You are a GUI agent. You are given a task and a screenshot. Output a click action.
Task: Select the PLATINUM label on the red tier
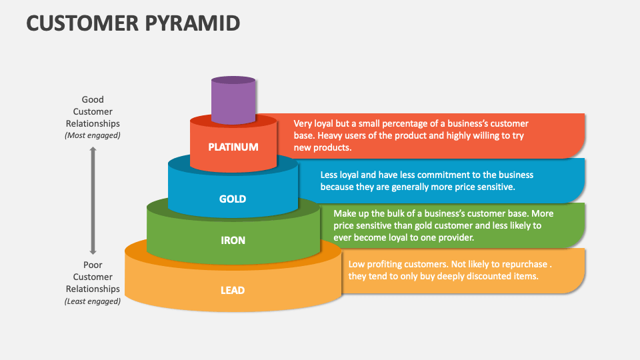click(233, 147)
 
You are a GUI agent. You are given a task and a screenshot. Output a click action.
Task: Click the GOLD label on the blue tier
click(233, 199)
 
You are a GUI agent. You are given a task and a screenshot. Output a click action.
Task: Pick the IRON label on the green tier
click(233, 240)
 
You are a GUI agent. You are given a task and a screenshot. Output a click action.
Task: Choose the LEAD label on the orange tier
click(233, 290)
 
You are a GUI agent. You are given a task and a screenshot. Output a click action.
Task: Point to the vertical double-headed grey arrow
click(93, 201)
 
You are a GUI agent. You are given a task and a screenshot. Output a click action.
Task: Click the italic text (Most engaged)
click(93, 135)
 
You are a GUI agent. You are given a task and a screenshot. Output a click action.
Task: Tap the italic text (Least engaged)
click(93, 301)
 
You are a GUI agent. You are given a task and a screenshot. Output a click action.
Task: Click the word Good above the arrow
click(93, 99)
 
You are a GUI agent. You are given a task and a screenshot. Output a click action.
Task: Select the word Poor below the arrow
click(93, 265)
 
